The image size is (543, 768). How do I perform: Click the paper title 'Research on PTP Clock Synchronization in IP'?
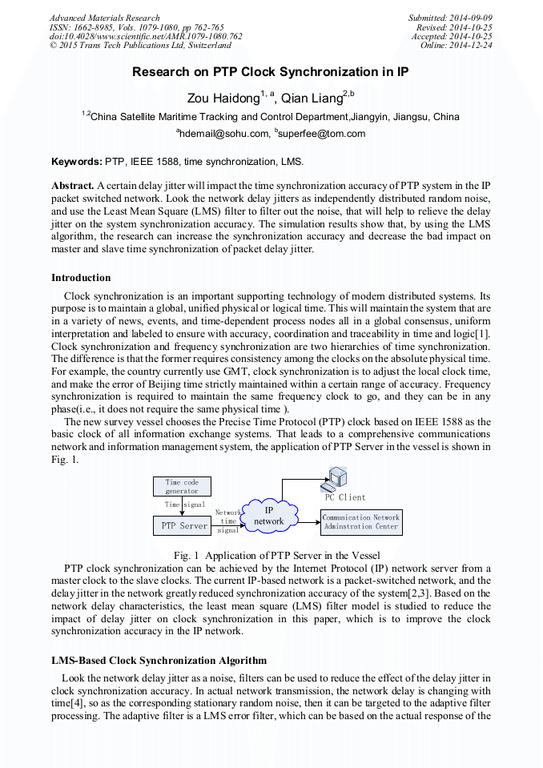(271, 71)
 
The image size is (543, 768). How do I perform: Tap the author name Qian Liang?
(309, 98)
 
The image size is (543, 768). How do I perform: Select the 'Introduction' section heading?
(81, 278)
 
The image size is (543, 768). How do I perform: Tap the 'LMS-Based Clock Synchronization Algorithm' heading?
(159, 661)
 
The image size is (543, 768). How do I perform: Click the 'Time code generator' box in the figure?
(182, 486)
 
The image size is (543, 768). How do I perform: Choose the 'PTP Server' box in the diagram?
(182, 526)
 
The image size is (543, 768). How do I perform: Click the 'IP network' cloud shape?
(269, 516)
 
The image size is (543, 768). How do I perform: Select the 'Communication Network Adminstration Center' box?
(360, 522)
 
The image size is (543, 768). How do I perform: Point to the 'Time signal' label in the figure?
(184, 505)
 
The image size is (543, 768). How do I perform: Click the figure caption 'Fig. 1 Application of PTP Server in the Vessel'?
(276, 555)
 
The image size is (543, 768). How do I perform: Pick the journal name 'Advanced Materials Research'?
(105, 18)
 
